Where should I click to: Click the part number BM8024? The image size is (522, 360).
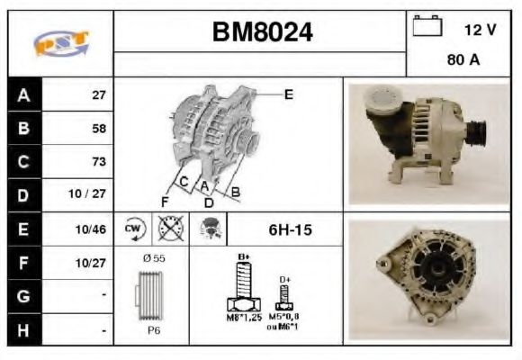tap(262, 32)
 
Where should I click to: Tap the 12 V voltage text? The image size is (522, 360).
tap(480, 30)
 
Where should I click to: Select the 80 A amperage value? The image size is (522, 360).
tap(462, 61)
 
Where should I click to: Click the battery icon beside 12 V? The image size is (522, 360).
tap(426, 27)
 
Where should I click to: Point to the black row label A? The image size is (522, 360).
tap(23, 94)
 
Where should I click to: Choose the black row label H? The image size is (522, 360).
tap(23, 330)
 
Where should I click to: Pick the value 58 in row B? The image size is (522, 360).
tap(98, 129)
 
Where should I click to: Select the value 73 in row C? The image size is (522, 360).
tap(98, 162)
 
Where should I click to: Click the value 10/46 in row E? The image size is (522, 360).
tap(94, 230)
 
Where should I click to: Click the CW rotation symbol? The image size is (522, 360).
tap(133, 229)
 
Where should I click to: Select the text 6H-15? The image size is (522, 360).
tap(290, 230)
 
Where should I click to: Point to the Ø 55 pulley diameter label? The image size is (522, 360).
tap(155, 258)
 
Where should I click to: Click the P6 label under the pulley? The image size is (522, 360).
tap(155, 330)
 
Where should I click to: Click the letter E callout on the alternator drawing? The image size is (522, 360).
tap(288, 94)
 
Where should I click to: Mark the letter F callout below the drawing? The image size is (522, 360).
tap(165, 201)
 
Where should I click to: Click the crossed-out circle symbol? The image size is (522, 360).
tap(167, 229)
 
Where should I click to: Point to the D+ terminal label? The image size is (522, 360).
tap(285, 279)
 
